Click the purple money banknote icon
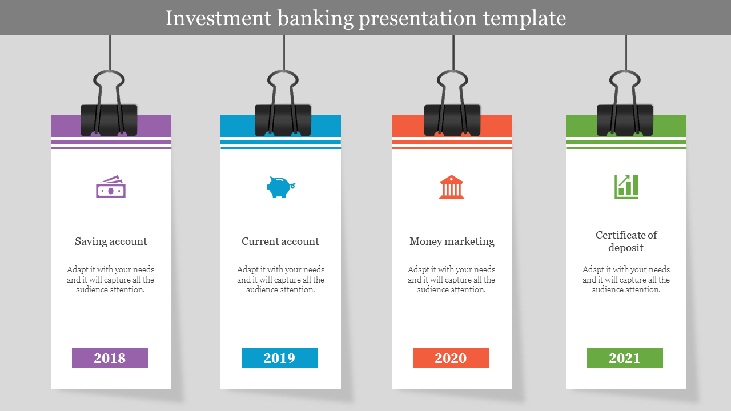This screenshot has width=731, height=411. coord(111,187)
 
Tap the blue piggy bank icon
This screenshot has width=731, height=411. coord(280,187)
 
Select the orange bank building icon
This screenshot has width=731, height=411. coord(452,187)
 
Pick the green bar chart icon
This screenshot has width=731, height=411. coord(626,187)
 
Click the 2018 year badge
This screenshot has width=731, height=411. coord(110,358)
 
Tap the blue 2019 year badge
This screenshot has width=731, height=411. coord(280,358)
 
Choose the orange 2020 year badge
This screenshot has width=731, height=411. coord(451,358)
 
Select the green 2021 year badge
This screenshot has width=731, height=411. coord(625,358)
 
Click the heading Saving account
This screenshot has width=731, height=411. coord(111,241)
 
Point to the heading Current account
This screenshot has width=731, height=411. coord(280,241)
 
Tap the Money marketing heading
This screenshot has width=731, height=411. coord(452,241)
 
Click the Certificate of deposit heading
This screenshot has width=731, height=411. coord(626,241)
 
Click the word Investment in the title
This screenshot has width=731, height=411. coord(218,18)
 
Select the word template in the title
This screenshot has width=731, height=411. coord(524,19)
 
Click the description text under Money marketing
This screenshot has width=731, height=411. coord(451,280)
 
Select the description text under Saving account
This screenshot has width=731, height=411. coord(111,280)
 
